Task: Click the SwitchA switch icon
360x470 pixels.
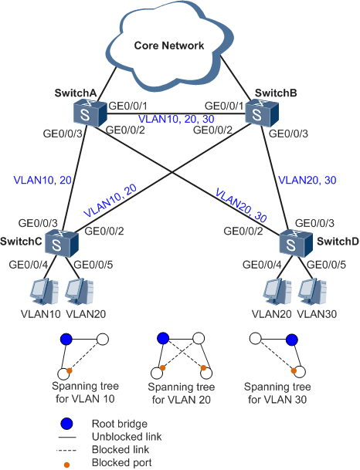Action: point(90,114)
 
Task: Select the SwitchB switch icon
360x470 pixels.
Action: point(262,114)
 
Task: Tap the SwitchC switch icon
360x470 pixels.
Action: point(62,244)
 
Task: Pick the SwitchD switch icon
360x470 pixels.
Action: point(296,244)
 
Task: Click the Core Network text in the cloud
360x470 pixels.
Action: point(169,46)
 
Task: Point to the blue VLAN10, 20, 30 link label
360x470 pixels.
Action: point(176,119)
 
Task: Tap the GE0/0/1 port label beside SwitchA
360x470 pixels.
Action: point(128,106)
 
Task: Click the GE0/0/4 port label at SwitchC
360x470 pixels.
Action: point(29,265)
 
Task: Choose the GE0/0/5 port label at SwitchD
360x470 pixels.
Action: point(327,265)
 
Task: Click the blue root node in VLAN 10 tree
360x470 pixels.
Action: point(66,340)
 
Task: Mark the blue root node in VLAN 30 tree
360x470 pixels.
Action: point(291,340)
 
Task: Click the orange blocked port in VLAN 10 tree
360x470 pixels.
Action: point(70,370)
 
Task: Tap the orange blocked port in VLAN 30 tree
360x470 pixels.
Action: point(294,370)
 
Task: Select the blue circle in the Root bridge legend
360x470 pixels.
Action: point(66,424)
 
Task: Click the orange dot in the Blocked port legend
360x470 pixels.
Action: point(66,465)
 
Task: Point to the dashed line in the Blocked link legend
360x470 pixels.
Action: point(66,450)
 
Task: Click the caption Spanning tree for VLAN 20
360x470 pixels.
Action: point(182,394)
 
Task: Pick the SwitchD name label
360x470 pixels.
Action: point(338,242)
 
